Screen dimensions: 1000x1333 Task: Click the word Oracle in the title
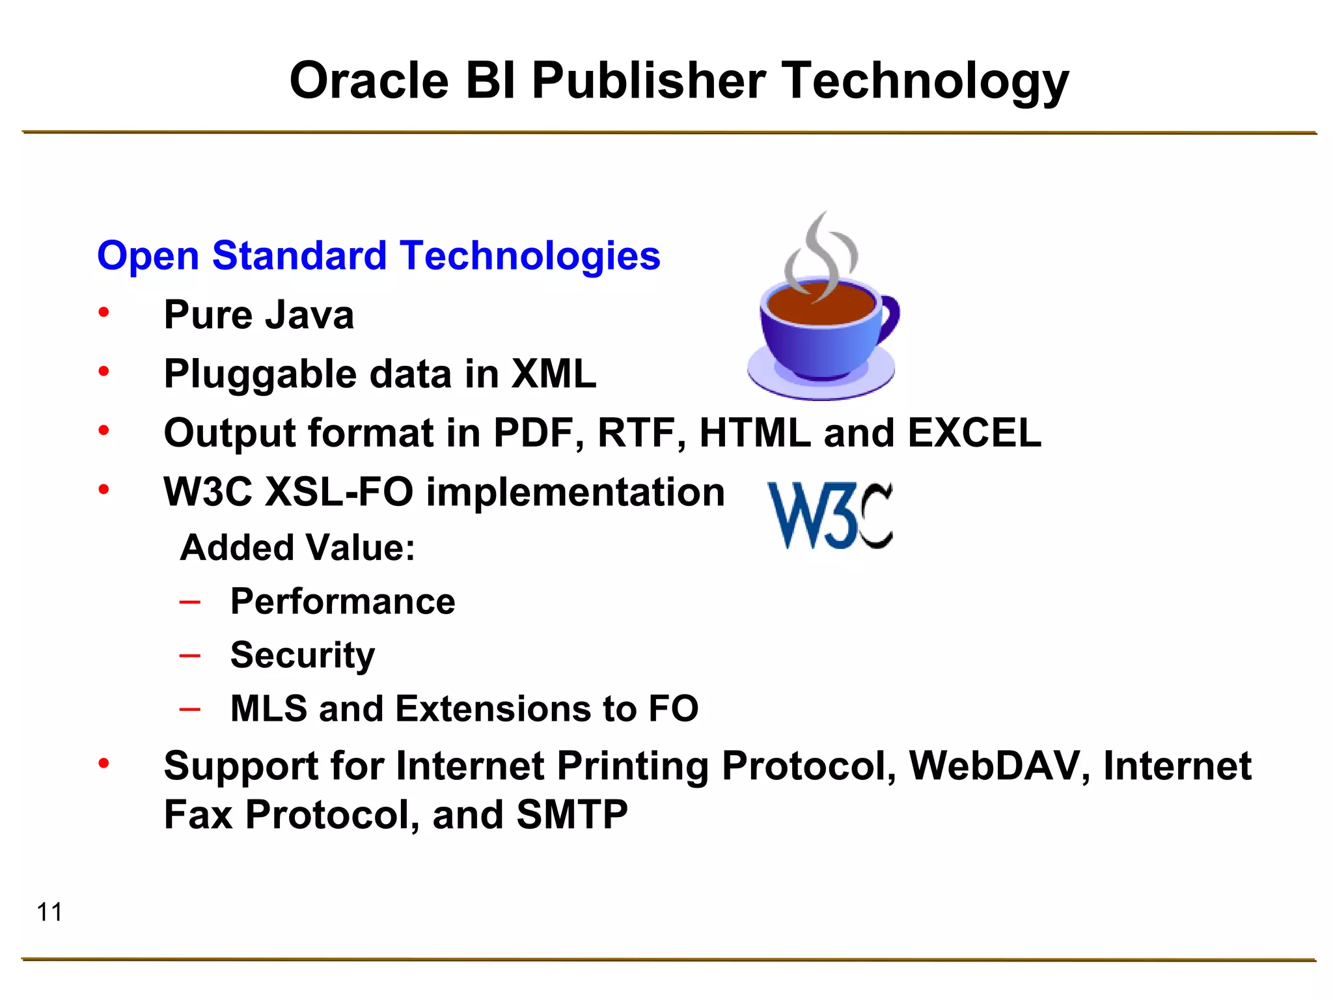(369, 81)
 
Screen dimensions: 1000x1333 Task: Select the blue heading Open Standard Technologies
(379, 255)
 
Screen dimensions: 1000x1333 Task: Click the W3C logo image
(830, 516)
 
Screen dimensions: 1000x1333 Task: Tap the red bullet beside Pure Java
(103, 313)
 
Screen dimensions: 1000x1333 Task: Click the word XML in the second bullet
(553, 374)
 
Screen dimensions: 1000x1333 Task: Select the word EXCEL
(974, 434)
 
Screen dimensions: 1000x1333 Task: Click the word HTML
(755, 434)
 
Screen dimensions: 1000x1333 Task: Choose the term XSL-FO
(339, 492)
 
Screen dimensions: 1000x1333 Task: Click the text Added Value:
(297, 548)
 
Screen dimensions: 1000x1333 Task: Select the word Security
(303, 656)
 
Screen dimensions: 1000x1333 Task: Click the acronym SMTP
(571, 815)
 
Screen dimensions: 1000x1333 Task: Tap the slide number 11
(49, 912)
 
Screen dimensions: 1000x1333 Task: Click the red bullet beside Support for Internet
(103, 763)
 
